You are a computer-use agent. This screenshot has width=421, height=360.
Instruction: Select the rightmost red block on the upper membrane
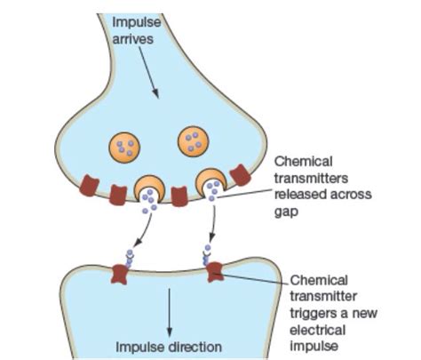[240, 174]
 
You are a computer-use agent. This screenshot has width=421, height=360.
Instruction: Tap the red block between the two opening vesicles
[179, 195]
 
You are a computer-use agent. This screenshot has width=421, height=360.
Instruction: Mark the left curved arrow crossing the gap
[141, 234]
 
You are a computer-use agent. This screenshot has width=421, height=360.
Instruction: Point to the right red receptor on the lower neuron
[213, 270]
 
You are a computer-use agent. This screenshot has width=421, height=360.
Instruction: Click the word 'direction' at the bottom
[192, 345]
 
